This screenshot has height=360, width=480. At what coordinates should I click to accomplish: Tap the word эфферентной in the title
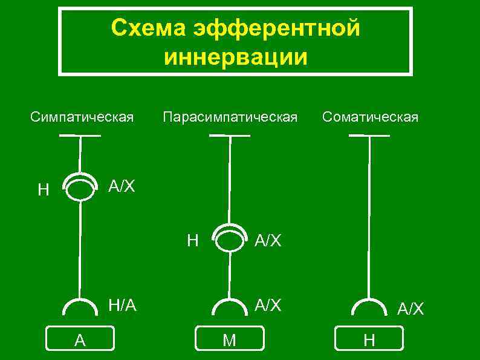coord(276,28)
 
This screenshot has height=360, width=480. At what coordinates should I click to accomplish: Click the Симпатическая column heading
coord(82,117)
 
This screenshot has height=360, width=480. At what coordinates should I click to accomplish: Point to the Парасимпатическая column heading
coord(230,117)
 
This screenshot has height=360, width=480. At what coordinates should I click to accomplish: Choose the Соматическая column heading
coord(370,117)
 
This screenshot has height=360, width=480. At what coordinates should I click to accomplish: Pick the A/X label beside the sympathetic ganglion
coord(122,186)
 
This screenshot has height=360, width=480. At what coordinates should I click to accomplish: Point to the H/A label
coord(122,306)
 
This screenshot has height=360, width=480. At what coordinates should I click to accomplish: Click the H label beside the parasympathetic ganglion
coord(192,241)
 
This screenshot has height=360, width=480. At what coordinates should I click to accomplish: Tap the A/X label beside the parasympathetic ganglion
coord(268,241)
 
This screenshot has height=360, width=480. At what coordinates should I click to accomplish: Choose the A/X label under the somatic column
coord(410,309)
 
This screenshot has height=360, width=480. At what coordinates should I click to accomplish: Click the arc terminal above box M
coord(229,306)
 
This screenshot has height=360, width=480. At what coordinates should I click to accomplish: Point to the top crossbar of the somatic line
coord(369,136)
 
